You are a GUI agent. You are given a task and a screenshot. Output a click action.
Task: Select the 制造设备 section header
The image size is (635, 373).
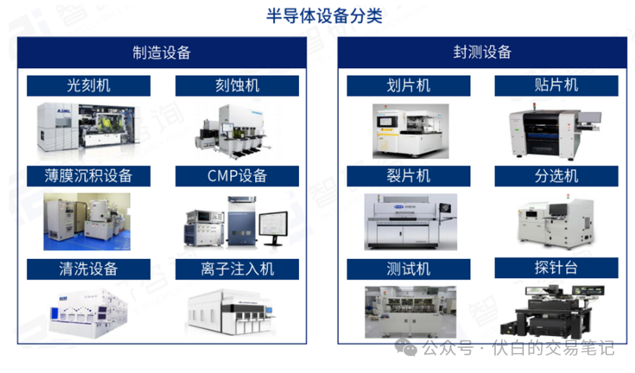[162, 52]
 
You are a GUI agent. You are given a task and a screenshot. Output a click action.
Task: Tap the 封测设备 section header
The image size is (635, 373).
[482, 52]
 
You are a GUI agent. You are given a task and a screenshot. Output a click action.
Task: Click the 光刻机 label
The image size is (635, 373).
[88, 86]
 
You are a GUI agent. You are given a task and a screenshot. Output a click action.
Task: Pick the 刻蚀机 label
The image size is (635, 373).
[237, 86]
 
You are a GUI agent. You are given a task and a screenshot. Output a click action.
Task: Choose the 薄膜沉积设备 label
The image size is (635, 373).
[88, 176]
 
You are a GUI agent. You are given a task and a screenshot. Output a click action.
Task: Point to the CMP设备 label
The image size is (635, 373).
[237, 176]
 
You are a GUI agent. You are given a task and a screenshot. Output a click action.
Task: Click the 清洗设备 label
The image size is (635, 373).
[88, 269]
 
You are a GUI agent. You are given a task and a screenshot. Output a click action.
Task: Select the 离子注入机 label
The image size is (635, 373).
[237, 269]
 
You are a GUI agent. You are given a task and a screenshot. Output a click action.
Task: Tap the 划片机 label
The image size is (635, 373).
[409, 86]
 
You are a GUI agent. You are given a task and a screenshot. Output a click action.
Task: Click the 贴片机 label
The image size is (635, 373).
[556, 86]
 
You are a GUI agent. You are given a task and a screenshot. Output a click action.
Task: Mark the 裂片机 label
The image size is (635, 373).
[409, 176]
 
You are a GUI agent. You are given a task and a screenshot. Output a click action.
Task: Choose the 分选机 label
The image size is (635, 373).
[556, 176]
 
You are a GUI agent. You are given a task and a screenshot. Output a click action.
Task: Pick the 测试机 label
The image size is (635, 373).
[409, 269]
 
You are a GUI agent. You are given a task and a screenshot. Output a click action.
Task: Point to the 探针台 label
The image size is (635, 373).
[556, 267]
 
